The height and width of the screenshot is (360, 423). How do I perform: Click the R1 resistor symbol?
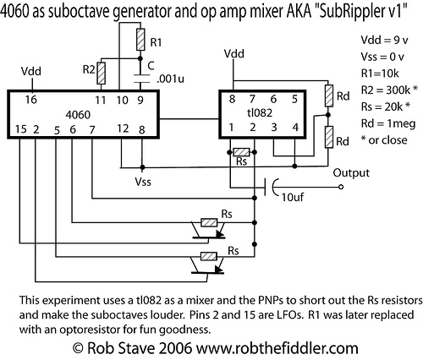[x=140, y=40]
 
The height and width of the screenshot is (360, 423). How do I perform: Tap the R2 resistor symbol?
[x=101, y=74]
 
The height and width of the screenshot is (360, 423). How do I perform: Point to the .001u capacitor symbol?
[x=140, y=79]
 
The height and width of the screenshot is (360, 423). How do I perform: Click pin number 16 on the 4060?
[x=30, y=100]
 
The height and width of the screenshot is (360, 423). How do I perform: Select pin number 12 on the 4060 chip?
[x=123, y=128]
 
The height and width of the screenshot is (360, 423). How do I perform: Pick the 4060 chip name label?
[x=78, y=115]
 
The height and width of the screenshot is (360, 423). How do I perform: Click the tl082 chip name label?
[x=260, y=112]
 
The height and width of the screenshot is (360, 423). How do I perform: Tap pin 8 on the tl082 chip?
[x=232, y=99]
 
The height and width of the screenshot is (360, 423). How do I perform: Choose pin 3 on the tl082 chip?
[x=274, y=128]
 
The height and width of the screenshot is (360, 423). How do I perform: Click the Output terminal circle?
[x=341, y=187]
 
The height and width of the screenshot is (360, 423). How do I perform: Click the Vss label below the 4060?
[x=143, y=182]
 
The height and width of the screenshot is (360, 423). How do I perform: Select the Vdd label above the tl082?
[x=234, y=53]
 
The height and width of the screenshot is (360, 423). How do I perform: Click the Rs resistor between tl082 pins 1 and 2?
[x=241, y=152]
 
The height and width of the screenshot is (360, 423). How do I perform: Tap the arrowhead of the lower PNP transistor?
[x=218, y=269]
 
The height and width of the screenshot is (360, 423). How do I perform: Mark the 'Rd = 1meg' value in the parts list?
[x=388, y=123]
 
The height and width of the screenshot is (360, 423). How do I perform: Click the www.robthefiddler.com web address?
[x=277, y=348]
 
